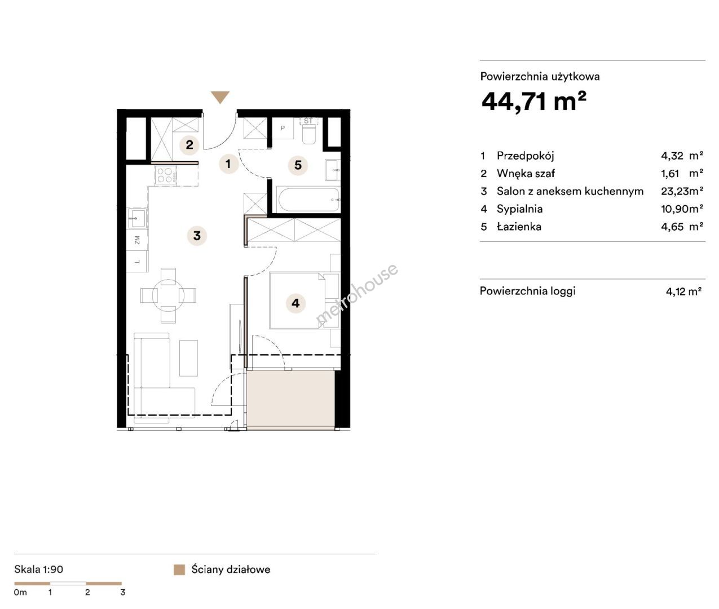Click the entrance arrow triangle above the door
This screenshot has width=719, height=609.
(220, 96)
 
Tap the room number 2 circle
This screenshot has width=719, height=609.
(189, 145)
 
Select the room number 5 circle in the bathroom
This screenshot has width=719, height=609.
(298, 165)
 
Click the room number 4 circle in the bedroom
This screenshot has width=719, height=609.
(295, 303)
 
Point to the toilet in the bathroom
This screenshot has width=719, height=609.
(308, 132)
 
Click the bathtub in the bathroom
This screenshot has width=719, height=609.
(308, 200)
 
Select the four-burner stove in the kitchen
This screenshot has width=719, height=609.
(165, 175)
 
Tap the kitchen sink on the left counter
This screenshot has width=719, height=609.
(136, 218)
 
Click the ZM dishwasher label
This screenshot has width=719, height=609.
(138, 240)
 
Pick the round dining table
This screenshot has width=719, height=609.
(169, 295)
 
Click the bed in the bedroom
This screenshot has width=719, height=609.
(297, 301)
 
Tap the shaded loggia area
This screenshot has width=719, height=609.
(291, 399)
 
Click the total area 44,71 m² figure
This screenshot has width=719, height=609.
(534, 101)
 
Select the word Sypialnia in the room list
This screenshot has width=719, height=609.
(520, 209)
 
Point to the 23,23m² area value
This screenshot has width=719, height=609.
(682, 191)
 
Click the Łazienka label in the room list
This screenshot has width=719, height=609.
(519, 227)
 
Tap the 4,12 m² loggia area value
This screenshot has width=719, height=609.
(683, 291)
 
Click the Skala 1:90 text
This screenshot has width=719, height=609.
(38, 570)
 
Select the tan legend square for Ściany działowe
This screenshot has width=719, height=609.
(179, 570)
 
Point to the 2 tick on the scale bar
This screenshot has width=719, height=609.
(87, 592)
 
